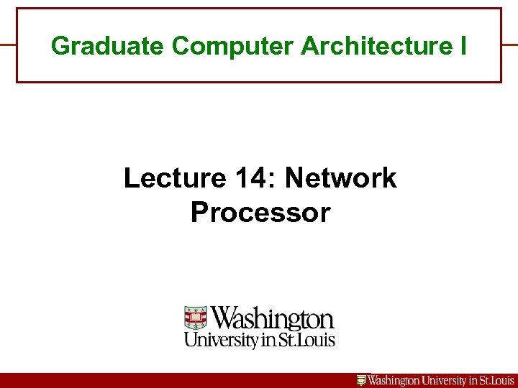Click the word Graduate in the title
pyautogui.click(x=109, y=46)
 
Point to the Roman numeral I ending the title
pyautogui.click(x=462, y=46)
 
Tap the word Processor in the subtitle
pyautogui.click(x=260, y=213)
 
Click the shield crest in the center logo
pyautogui.click(x=196, y=318)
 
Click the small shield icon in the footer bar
pyautogui.click(x=362, y=381)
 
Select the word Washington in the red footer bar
pyautogui.click(x=396, y=381)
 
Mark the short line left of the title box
pyautogui.click(x=8, y=45)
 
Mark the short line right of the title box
pyautogui.click(x=509, y=45)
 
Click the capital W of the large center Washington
pyautogui.click(x=225, y=318)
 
